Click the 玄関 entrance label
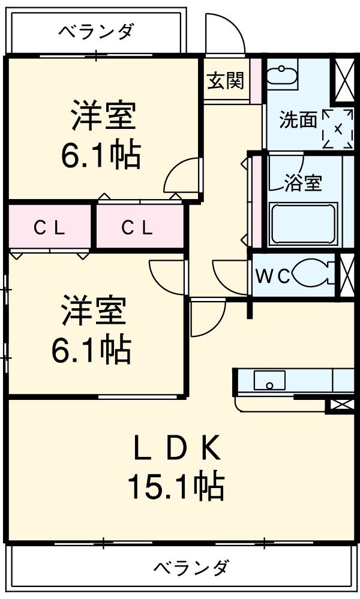pyautogui.click(x=226, y=80)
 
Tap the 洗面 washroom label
pyautogui.click(x=298, y=120)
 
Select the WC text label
pyautogui.click(x=274, y=276)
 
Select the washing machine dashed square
pyautogui.click(x=338, y=128)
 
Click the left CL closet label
pyautogui.click(x=49, y=228)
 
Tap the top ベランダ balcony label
pyautogui.click(x=96, y=31)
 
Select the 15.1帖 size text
pyautogui.click(x=175, y=486)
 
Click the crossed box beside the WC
pyautogui.click(x=346, y=275)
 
